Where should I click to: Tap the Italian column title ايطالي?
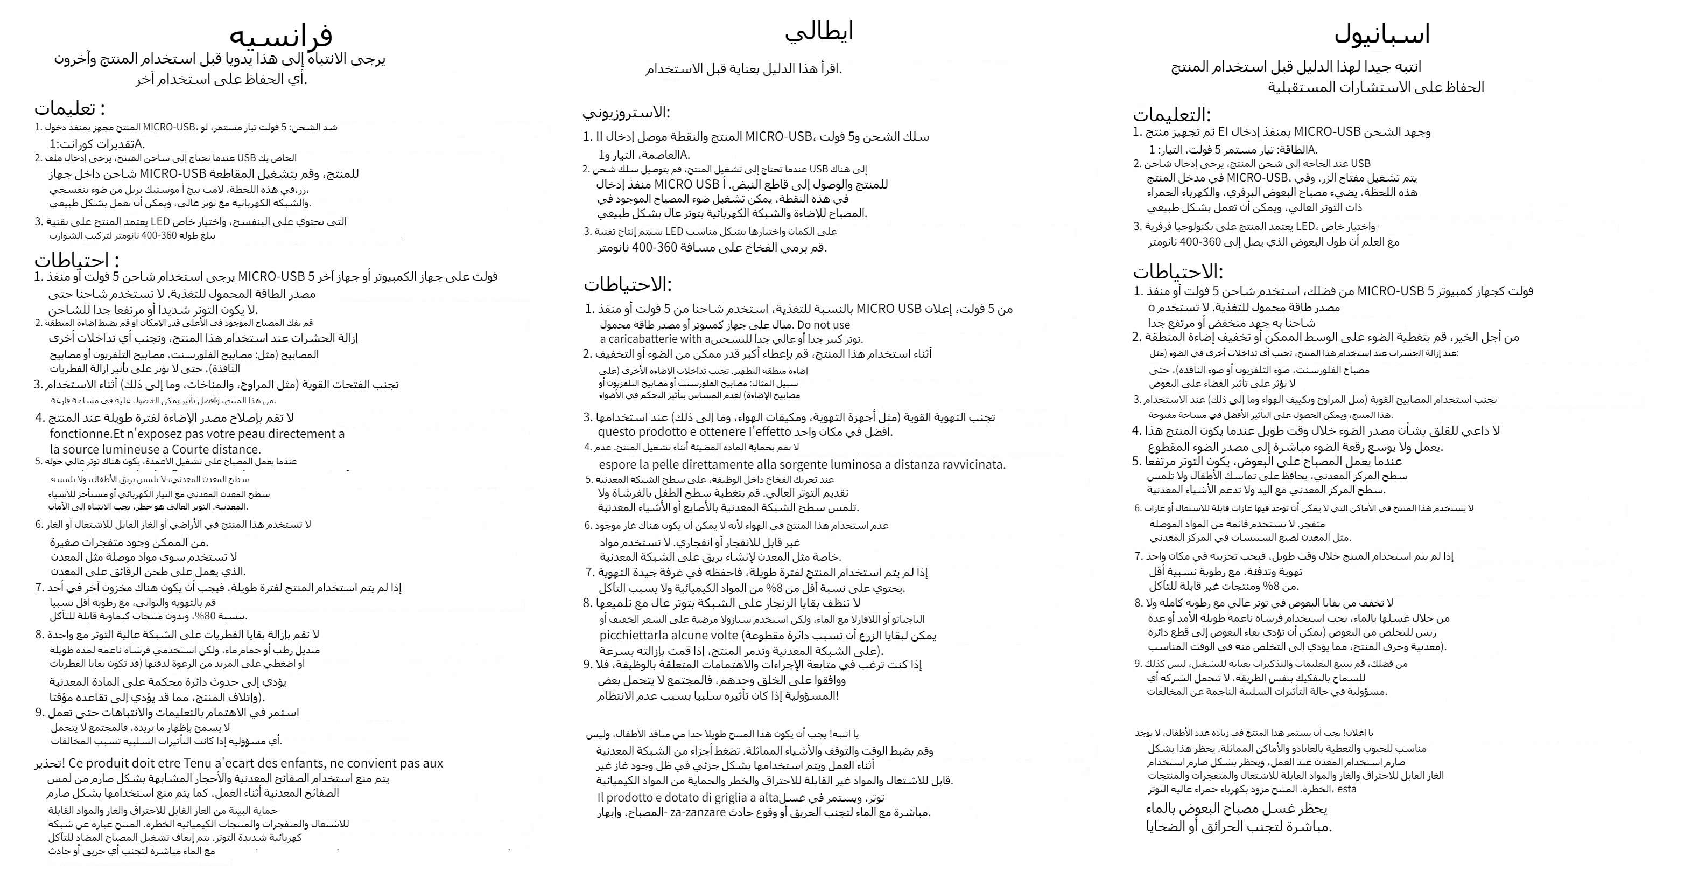click(819, 31)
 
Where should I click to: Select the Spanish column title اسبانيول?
click(1381, 34)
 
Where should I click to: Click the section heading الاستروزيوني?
click(626, 113)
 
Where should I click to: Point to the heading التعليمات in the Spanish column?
click(1171, 115)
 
